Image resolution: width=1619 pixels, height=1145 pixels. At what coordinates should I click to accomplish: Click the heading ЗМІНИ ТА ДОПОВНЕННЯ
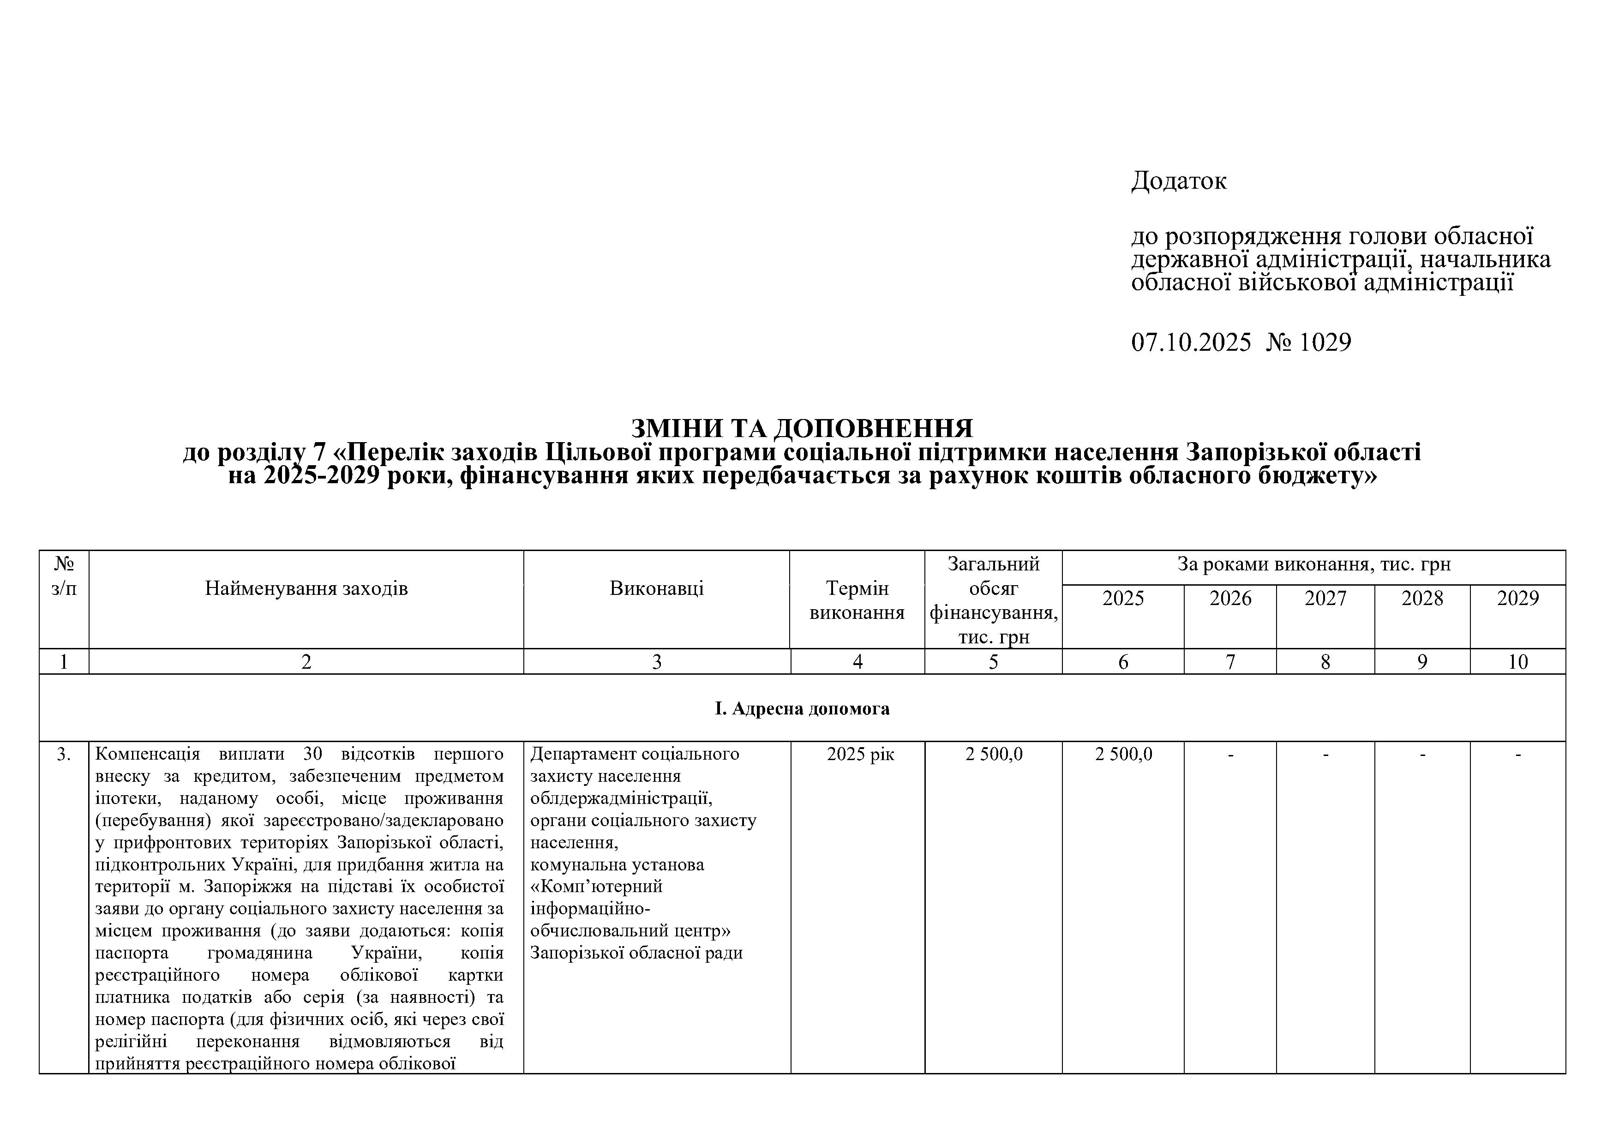click(802, 428)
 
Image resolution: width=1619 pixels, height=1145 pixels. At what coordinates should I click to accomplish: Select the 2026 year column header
click(1230, 599)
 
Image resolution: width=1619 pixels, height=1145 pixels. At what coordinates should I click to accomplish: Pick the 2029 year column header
click(1517, 599)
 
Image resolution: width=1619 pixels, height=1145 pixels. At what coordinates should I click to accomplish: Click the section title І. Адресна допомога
click(802, 708)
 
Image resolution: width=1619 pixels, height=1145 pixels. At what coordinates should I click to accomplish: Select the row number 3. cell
click(64, 755)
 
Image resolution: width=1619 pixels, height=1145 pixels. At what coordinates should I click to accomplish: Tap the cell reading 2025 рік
click(860, 755)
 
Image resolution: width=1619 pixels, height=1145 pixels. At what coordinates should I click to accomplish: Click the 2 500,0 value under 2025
click(1123, 755)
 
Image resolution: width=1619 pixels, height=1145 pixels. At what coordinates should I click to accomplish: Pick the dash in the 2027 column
click(1325, 755)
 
